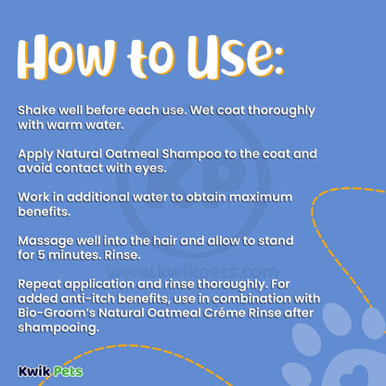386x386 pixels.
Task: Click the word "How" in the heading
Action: tap(67, 58)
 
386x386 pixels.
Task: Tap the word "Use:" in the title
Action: tap(236, 58)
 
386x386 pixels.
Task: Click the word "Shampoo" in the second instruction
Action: tap(191, 155)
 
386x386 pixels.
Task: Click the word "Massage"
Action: tap(45, 241)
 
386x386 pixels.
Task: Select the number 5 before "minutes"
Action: tap(42, 255)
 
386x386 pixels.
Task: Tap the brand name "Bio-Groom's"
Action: tap(57, 313)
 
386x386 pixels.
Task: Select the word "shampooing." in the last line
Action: tap(58, 328)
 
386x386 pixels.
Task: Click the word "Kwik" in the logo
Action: tap(33, 371)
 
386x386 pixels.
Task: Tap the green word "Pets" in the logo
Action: tap(67, 371)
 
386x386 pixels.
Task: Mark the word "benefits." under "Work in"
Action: tap(44, 212)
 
